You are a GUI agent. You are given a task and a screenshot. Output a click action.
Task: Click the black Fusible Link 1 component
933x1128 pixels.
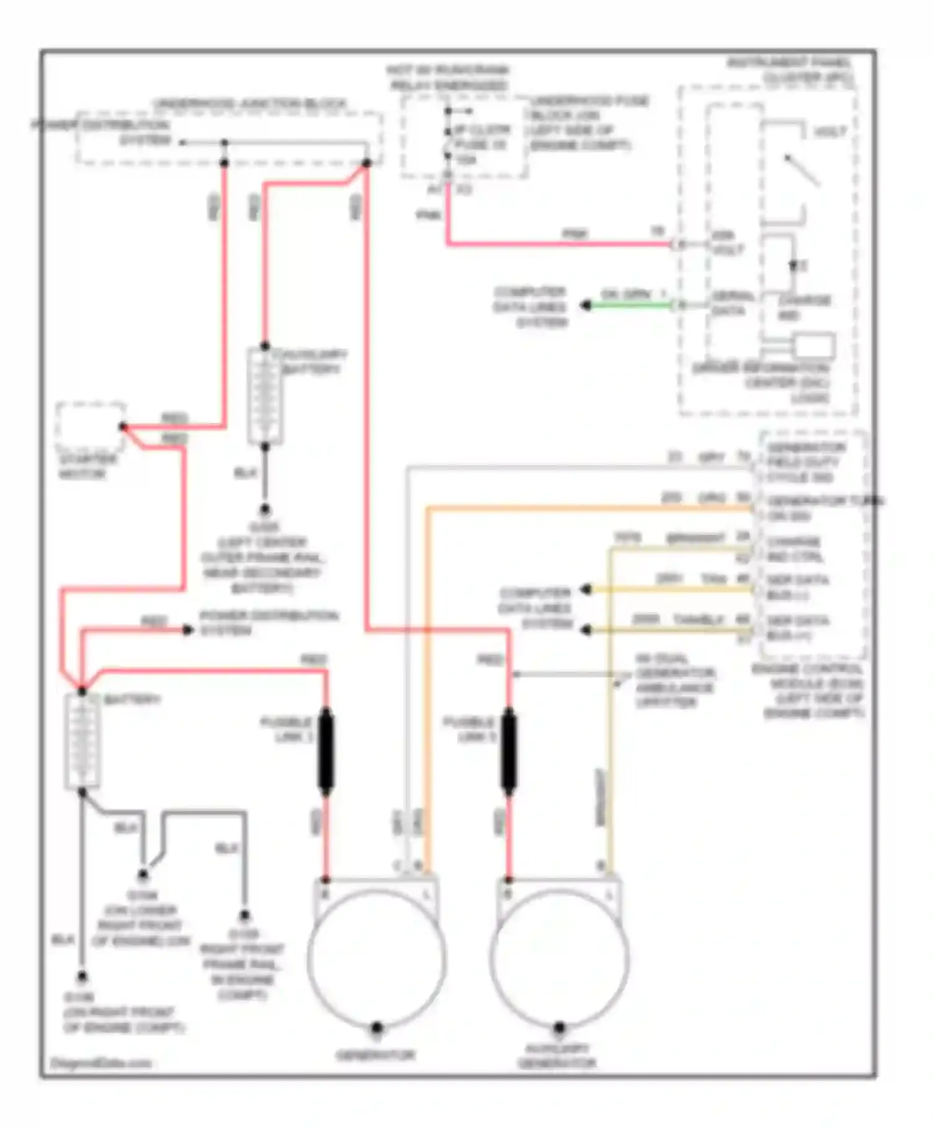325,751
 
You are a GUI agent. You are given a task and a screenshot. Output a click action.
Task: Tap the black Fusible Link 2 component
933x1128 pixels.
508,751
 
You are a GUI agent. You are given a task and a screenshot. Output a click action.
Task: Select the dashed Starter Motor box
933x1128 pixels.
90,427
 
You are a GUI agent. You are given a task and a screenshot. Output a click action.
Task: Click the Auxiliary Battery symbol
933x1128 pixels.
265,395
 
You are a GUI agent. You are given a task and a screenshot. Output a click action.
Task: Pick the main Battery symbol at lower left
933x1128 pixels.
82,740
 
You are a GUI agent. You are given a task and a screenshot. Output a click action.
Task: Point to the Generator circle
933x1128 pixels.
376,958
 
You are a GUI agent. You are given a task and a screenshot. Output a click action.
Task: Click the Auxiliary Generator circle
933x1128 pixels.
559,958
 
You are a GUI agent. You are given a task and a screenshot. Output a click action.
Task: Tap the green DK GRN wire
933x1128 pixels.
628,305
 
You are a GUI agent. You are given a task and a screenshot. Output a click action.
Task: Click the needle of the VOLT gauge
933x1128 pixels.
801,170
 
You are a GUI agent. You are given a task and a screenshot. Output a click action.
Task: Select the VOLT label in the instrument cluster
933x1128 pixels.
830,132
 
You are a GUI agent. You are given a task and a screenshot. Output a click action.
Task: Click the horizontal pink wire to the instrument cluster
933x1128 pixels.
560,244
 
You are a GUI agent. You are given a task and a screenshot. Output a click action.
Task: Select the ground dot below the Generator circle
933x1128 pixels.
376,1028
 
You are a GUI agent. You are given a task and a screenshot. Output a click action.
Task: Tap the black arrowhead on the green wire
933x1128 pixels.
585,305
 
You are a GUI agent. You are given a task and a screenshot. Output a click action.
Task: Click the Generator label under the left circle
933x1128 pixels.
375,1055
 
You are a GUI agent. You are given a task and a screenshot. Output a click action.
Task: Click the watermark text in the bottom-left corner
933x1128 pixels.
101,1063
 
